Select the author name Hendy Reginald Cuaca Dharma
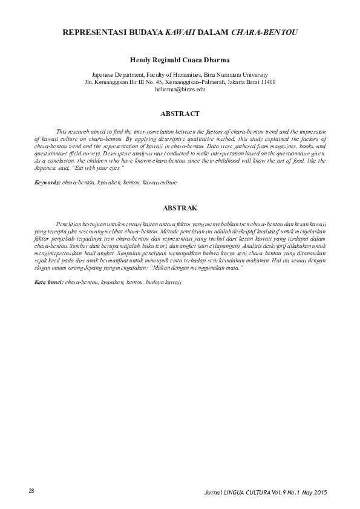click(180, 60)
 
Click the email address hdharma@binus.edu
click(180, 89)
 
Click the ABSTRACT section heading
click(180, 113)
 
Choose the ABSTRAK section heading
click(180, 209)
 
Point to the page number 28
click(31, 489)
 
